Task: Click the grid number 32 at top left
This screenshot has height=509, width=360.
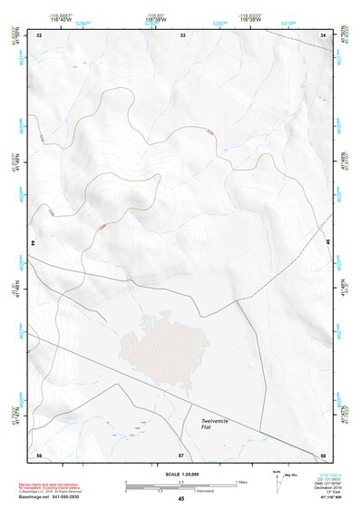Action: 39,34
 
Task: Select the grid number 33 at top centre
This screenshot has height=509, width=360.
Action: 182,34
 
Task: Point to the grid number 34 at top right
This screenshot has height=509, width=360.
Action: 323,34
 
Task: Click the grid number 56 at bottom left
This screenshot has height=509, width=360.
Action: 39,454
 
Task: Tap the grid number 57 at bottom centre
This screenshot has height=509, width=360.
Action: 181,454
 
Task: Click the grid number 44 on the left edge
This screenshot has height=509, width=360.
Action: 34,244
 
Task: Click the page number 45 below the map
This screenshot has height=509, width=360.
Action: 181,499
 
